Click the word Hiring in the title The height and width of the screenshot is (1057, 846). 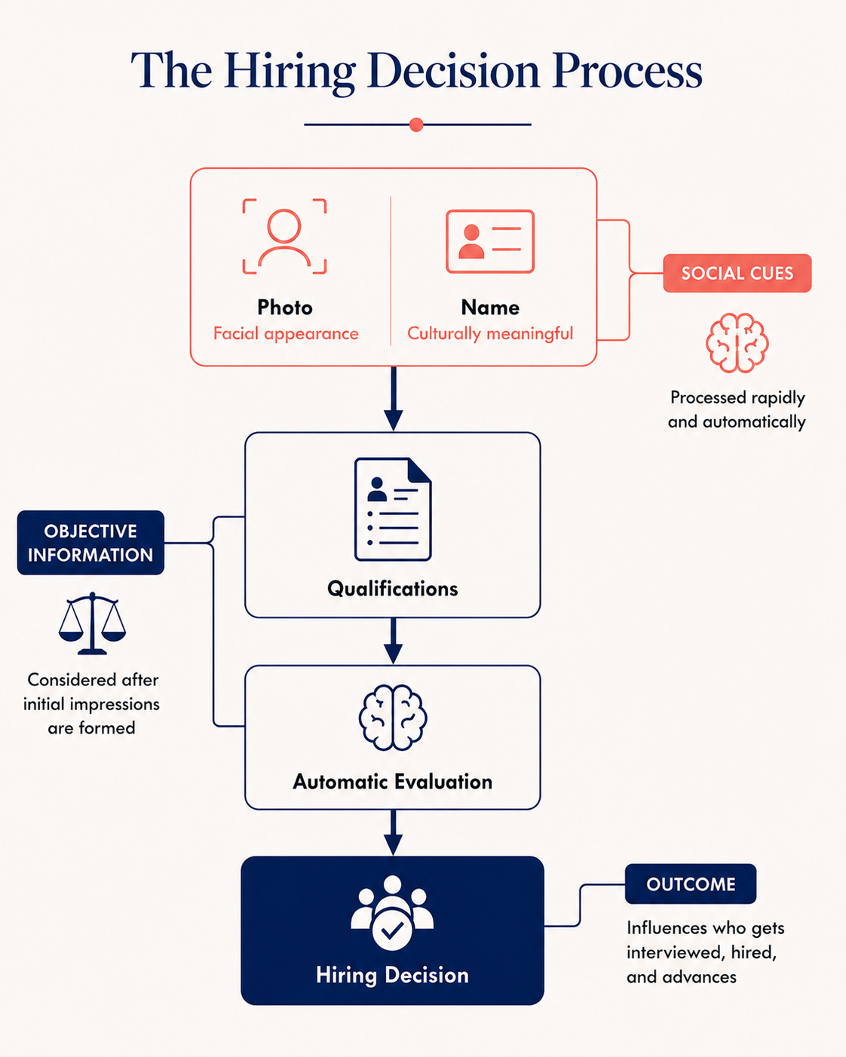point(290,72)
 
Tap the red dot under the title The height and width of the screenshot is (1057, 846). point(416,124)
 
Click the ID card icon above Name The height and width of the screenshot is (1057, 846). point(490,241)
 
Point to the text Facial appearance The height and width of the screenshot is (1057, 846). point(286,334)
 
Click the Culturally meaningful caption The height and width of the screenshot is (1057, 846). point(490,334)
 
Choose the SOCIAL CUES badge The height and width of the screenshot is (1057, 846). point(737,273)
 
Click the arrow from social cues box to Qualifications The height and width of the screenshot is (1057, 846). point(393,399)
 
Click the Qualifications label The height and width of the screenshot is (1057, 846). point(393,588)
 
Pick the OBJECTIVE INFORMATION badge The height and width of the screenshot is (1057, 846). point(90,543)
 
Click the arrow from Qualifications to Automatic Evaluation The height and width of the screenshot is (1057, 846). point(393,641)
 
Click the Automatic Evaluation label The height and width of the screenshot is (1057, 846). point(393,782)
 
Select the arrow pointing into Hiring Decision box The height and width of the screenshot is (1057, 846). point(393,833)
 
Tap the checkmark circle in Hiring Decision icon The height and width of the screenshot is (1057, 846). point(392,930)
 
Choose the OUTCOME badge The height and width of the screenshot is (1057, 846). point(690,884)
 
